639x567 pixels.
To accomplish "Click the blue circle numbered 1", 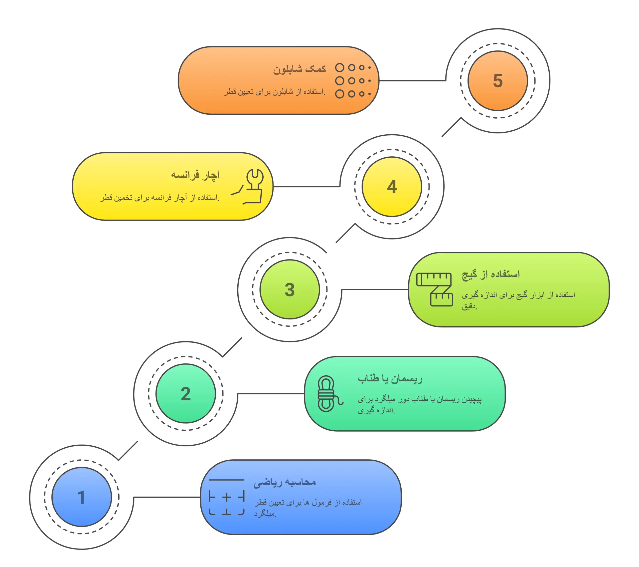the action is point(82,497).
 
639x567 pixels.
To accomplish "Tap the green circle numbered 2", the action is point(186,393).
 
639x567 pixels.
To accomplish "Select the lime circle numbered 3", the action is point(290,289).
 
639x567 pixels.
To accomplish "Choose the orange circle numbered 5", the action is point(498,81).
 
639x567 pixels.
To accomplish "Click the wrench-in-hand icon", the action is point(249,187).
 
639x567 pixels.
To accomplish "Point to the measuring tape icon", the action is point(435,289).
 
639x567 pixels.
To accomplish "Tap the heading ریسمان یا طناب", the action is point(390,379).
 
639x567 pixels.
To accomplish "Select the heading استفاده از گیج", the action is point(491,275).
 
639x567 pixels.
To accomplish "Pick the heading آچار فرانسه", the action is point(195,175).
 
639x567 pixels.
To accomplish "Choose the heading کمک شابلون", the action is point(300,68).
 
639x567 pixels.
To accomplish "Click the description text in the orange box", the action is point(275,92).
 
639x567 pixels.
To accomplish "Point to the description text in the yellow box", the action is point(160,197).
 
